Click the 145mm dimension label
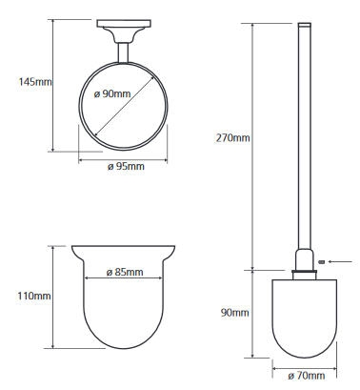tap(35, 82)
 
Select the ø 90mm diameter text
tap(112, 93)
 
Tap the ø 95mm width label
tap(126, 166)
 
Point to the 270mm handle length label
tap(232, 138)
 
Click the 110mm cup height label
tap(34, 296)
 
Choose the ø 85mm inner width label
tap(125, 272)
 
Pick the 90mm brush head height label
tap(234, 313)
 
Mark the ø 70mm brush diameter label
tap(307, 376)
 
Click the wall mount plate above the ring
tap(124, 24)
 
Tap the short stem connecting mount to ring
tap(123, 52)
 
